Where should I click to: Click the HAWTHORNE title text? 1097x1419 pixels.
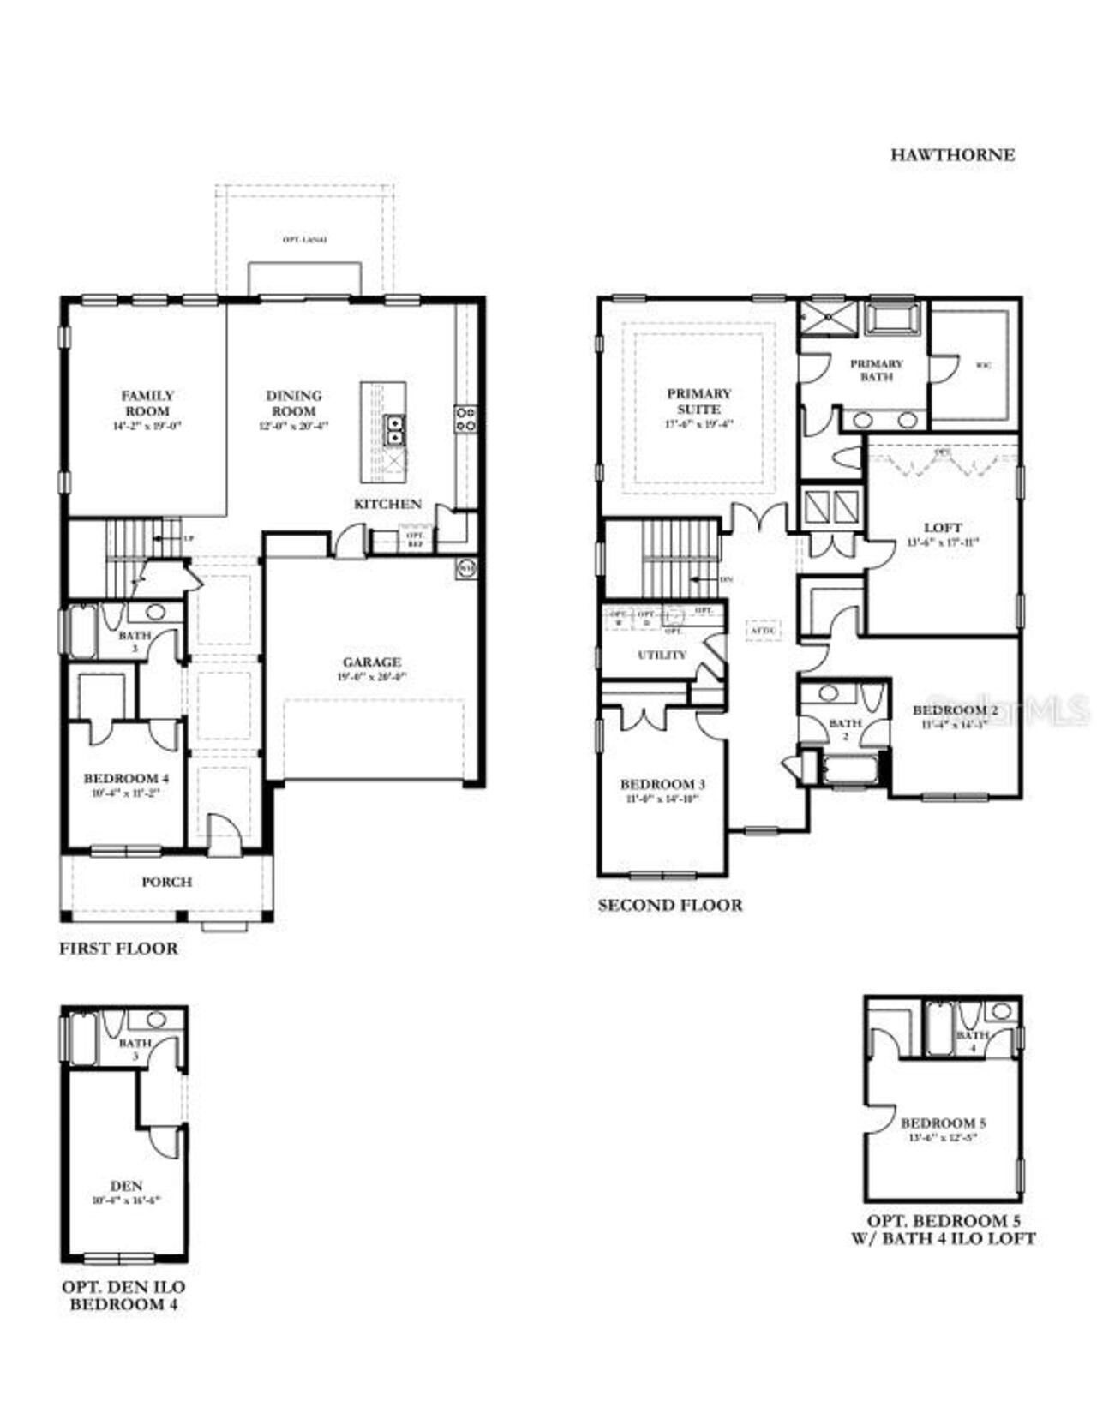(x=952, y=155)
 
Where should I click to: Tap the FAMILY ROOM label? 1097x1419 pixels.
(x=147, y=403)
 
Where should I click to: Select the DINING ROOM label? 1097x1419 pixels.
(x=294, y=403)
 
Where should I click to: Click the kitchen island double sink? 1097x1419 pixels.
(x=394, y=428)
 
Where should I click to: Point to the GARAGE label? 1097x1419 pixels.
(x=371, y=662)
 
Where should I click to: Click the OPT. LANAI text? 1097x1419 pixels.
(x=304, y=240)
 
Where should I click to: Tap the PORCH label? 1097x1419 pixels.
(x=166, y=882)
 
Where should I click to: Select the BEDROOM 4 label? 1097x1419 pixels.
(x=126, y=778)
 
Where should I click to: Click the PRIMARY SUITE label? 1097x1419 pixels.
(x=699, y=401)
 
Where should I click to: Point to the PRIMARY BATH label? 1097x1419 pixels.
(x=876, y=369)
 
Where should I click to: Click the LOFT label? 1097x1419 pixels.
(x=942, y=527)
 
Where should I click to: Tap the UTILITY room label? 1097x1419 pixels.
(x=662, y=655)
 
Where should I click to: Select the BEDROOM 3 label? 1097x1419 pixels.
(x=662, y=784)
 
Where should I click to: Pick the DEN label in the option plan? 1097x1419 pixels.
(x=126, y=1186)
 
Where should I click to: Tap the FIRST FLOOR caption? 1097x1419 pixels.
(x=118, y=949)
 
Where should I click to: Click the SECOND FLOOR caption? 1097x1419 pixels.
(x=669, y=906)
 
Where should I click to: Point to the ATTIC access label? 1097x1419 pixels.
(x=762, y=631)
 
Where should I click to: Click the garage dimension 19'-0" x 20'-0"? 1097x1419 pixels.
(x=371, y=677)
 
